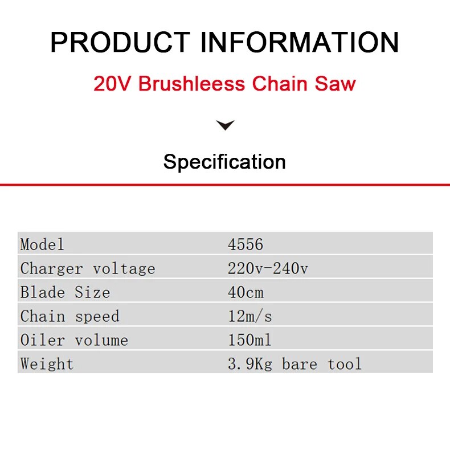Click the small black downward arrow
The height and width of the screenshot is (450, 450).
[x=226, y=125]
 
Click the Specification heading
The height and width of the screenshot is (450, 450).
[x=224, y=162]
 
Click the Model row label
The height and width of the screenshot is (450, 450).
[x=42, y=244]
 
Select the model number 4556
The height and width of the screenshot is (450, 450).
[x=246, y=244]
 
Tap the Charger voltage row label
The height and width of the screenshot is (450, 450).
[x=88, y=268]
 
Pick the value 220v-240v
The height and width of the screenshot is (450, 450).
[x=268, y=268]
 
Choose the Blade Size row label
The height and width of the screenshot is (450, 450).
[x=65, y=292]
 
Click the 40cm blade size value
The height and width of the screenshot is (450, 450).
[x=246, y=292]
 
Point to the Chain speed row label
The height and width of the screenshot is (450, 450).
[x=69, y=316]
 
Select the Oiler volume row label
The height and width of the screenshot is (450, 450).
[x=74, y=340]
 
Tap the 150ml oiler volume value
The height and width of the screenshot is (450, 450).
[x=249, y=340]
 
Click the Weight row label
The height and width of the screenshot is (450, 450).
[x=47, y=364]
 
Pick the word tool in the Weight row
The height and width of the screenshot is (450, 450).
[x=345, y=364]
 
